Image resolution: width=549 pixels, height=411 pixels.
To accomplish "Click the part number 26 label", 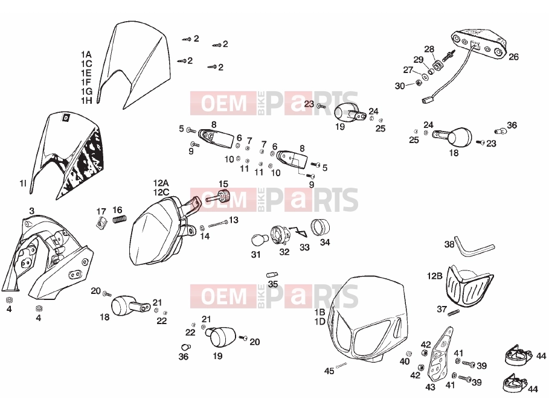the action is (x=513, y=57).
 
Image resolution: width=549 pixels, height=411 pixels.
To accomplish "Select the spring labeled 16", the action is (x=120, y=219).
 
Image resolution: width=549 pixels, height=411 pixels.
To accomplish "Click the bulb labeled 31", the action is (x=260, y=241).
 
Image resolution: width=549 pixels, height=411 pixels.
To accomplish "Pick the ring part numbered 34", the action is (x=320, y=226).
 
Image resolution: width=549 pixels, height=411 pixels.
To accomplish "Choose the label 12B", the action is (x=434, y=276).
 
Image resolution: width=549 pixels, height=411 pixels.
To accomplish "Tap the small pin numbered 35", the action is (x=272, y=275).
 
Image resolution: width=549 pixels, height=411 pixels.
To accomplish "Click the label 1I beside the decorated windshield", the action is (x=23, y=183).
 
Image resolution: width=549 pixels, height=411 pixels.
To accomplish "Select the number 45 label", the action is (x=329, y=371).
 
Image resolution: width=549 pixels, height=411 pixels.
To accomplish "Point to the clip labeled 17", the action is (x=101, y=223).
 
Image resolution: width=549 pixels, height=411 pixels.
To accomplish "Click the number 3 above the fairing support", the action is (x=32, y=211).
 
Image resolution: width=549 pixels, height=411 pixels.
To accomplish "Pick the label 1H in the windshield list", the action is (x=86, y=101).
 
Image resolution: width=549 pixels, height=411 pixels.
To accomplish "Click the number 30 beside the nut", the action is (x=399, y=86).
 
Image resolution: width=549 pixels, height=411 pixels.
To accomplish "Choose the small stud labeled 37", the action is (x=453, y=312).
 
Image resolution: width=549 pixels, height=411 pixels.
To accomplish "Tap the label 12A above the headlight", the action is (x=161, y=183).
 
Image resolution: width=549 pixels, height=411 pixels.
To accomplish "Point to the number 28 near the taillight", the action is (x=429, y=49).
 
